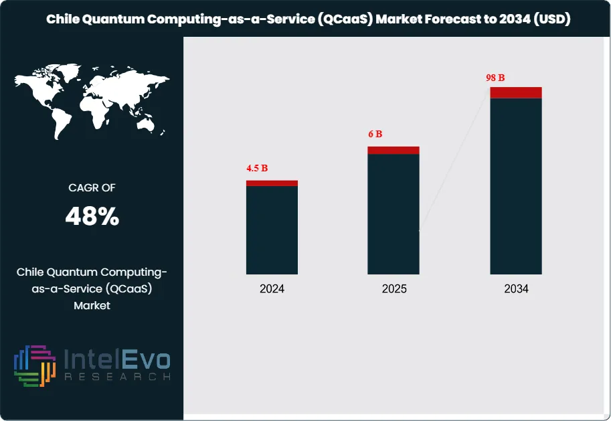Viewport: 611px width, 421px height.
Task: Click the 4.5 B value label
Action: (x=257, y=168)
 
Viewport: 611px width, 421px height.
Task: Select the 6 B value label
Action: (x=375, y=134)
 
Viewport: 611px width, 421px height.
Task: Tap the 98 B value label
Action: (x=495, y=78)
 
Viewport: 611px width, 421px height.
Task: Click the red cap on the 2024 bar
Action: (x=272, y=183)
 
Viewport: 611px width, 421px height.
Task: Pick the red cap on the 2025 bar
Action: (x=394, y=150)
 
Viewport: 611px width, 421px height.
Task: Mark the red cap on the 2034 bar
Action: (x=516, y=92)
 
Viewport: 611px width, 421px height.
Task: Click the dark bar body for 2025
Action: (x=394, y=214)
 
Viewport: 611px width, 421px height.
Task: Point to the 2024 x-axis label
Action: (x=272, y=289)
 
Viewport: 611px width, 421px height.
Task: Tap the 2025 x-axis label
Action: (x=394, y=289)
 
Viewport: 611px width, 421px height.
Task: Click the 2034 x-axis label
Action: (x=516, y=289)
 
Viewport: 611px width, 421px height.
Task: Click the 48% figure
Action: (x=92, y=216)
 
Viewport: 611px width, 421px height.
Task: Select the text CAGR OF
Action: (x=92, y=188)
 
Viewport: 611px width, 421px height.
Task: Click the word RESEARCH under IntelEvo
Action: (x=117, y=377)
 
